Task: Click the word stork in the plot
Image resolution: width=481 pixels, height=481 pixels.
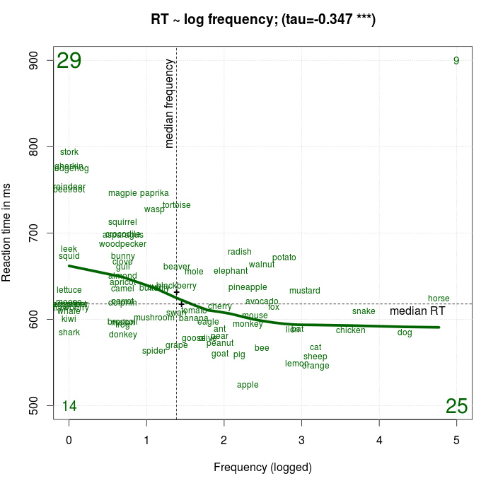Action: (69, 152)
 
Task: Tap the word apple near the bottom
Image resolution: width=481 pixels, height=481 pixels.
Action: (248, 385)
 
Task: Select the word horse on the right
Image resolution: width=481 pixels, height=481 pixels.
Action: (439, 299)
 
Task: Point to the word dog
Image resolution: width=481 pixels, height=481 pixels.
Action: (405, 332)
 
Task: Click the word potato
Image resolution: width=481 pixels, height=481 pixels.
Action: (284, 257)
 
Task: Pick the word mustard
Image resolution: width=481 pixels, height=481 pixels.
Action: (305, 291)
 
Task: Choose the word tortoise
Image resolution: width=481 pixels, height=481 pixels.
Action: (177, 205)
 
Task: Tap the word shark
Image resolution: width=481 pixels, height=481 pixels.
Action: (69, 332)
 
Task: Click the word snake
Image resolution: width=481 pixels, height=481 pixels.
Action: (364, 311)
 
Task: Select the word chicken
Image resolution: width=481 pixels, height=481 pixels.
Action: (351, 330)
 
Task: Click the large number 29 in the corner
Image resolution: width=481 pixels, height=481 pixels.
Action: (69, 62)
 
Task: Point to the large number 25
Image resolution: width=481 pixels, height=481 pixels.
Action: (457, 406)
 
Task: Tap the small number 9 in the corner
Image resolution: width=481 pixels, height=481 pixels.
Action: (456, 61)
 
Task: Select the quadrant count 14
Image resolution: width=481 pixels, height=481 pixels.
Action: (69, 406)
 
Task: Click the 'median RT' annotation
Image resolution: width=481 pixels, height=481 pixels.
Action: (418, 311)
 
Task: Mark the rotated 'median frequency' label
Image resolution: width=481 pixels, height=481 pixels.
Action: (169, 103)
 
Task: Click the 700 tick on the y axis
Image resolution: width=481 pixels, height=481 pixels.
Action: (42, 233)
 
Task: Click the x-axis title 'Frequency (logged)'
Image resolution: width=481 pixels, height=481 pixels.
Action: (262, 467)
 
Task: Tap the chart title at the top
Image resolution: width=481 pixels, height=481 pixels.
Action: (263, 20)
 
